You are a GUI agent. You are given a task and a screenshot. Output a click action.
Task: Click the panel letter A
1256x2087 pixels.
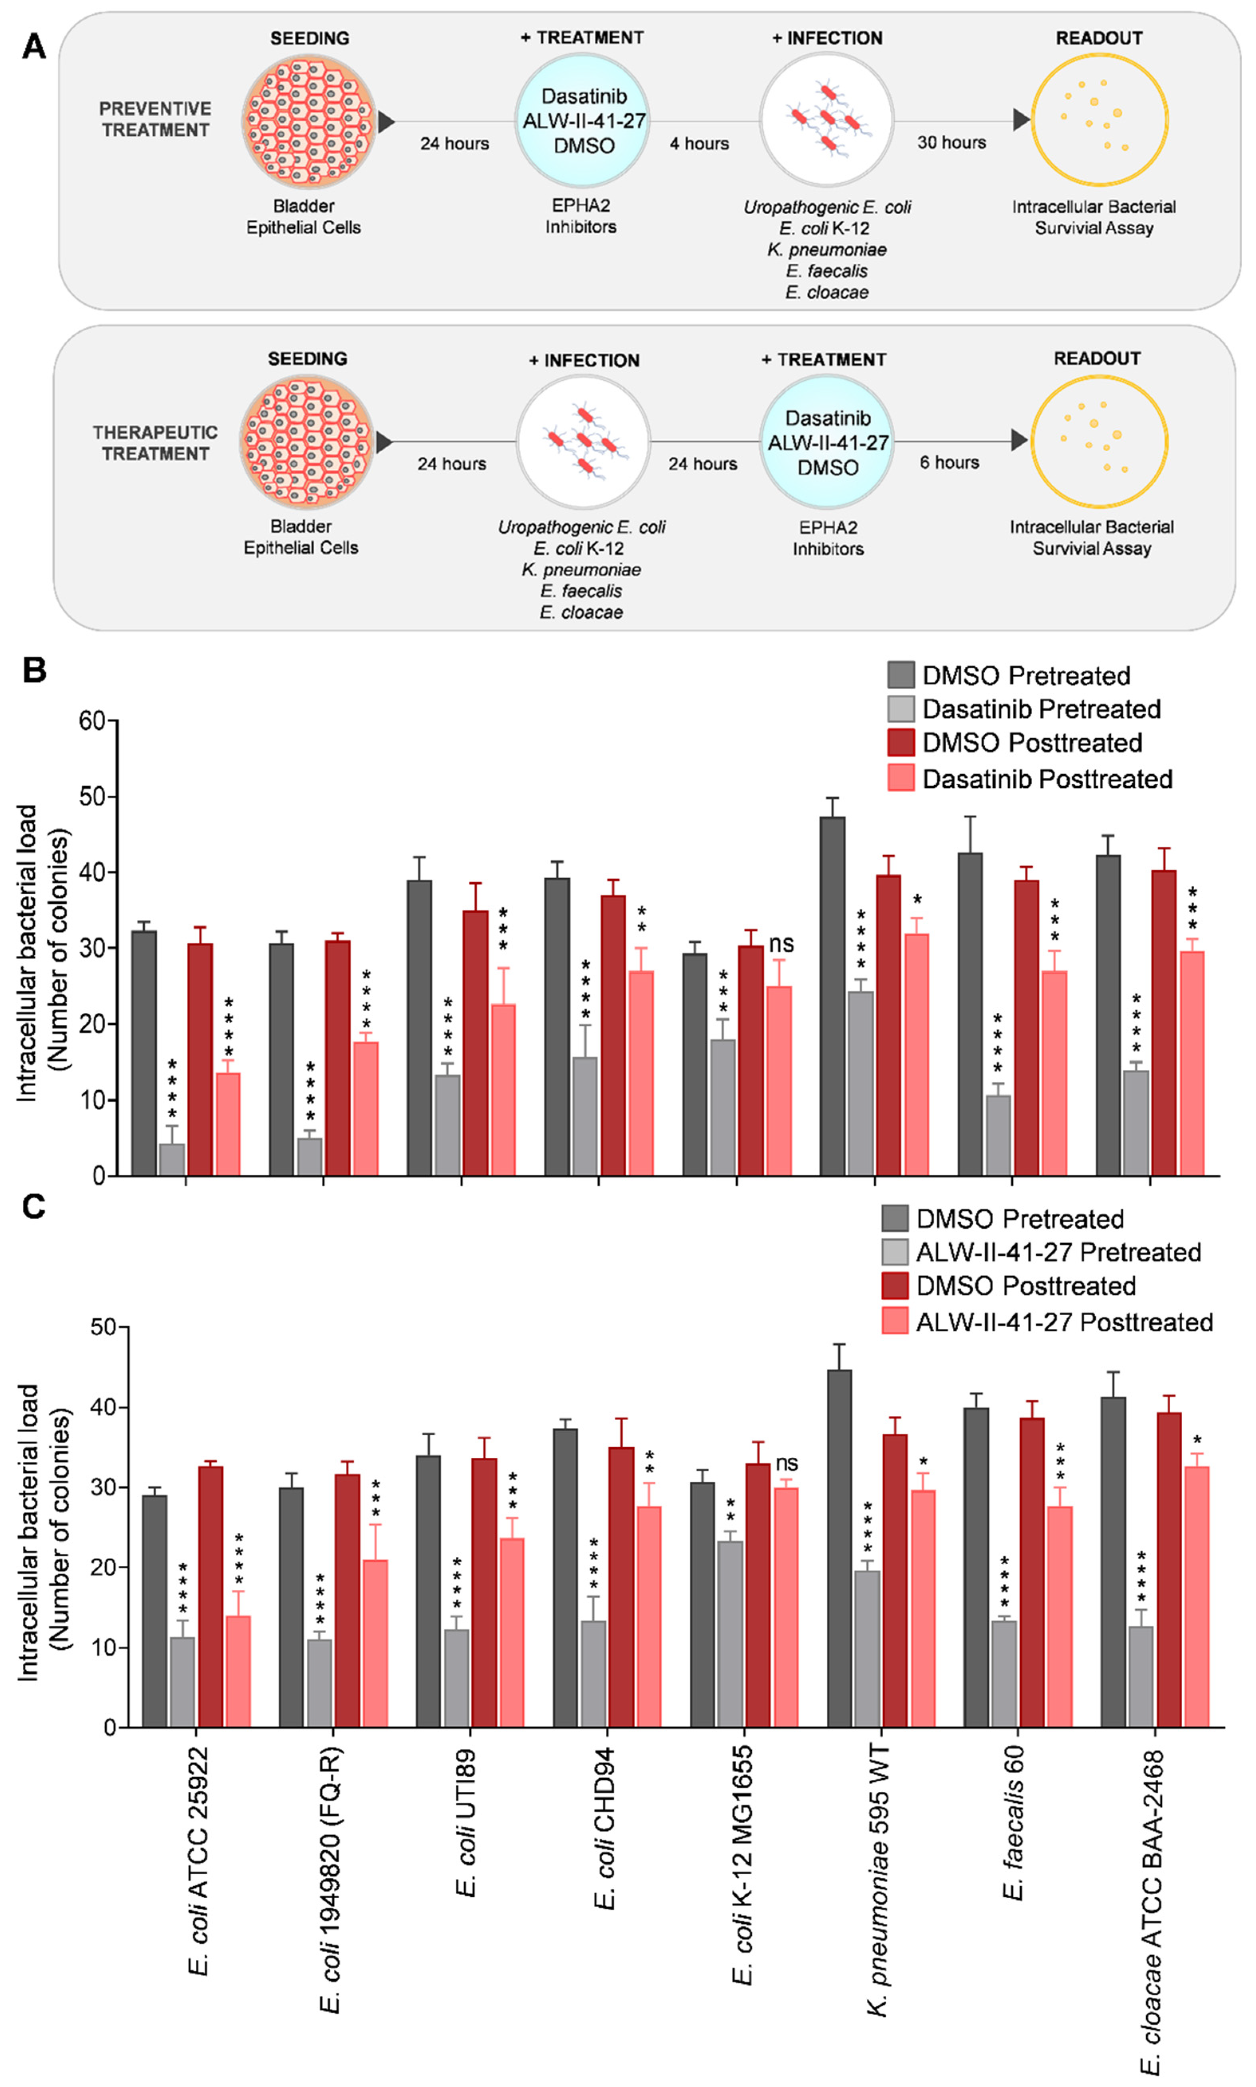(x=34, y=47)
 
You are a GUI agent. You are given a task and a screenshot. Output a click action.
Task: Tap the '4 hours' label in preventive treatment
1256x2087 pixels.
(x=699, y=143)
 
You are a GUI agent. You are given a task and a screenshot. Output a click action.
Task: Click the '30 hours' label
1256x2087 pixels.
(x=951, y=142)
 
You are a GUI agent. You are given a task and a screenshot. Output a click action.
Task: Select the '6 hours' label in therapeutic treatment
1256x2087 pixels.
(x=950, y=462)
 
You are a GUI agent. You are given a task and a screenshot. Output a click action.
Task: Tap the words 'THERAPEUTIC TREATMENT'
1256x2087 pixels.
(x=155, y=443)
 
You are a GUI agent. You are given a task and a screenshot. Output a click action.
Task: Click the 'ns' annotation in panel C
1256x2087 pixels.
(x=786, y=1463)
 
